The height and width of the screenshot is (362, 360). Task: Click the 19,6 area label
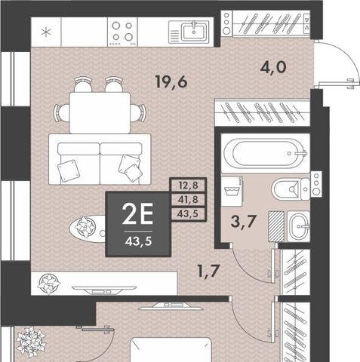click(x=171, y=82)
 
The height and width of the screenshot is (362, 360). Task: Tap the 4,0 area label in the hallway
click(x=273, y=67)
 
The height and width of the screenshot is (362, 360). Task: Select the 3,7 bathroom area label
click(x=243, y=222)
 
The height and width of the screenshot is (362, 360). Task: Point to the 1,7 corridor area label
click(x=209, y=271)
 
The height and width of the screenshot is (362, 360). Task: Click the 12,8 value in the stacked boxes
click(x=188, y=186)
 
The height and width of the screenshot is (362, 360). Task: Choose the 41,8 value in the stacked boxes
click(x=188, y=200)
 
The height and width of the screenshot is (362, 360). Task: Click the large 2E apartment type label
click(x=137, y=213)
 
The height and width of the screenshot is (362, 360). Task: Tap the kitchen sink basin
click(x=194, y=31)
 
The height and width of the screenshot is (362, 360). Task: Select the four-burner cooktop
click(x=122, y=32)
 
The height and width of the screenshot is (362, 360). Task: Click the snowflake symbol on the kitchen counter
click(x=46, y=32)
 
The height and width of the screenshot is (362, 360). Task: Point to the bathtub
click(x=266, y=153)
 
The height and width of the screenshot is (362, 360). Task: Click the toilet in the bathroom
click(x=291, y=189)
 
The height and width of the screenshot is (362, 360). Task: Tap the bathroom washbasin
click(x=299, y=226)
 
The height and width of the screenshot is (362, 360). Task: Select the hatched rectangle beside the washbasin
click(x=276, y=226)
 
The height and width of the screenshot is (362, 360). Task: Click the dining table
click(x=100, y=113)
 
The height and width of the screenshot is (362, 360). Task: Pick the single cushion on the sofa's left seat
click(x=69, y=170)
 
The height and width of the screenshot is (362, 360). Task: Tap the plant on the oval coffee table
click(x=85, y=227)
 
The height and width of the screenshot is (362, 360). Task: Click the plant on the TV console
click(x=48, y=284)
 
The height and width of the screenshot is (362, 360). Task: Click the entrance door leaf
click(x=337, y=84)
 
